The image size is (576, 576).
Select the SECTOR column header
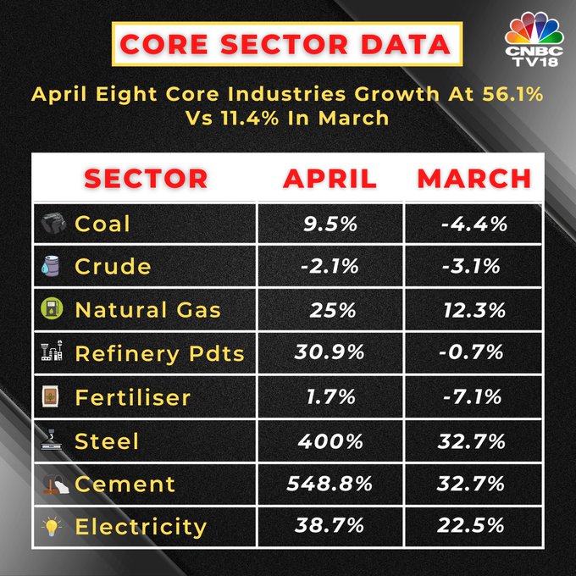click(145, 179)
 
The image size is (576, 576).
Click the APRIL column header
click(330, 179)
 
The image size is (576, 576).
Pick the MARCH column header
click(474, 179)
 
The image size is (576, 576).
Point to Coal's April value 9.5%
click(331, 224)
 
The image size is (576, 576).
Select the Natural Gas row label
click(147, 310)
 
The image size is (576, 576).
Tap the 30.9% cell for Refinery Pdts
click(331, 353)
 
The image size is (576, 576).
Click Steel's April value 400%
click(331, 440)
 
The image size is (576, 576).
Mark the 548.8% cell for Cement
click(331, 484)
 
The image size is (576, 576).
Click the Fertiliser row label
click(132, 397)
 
